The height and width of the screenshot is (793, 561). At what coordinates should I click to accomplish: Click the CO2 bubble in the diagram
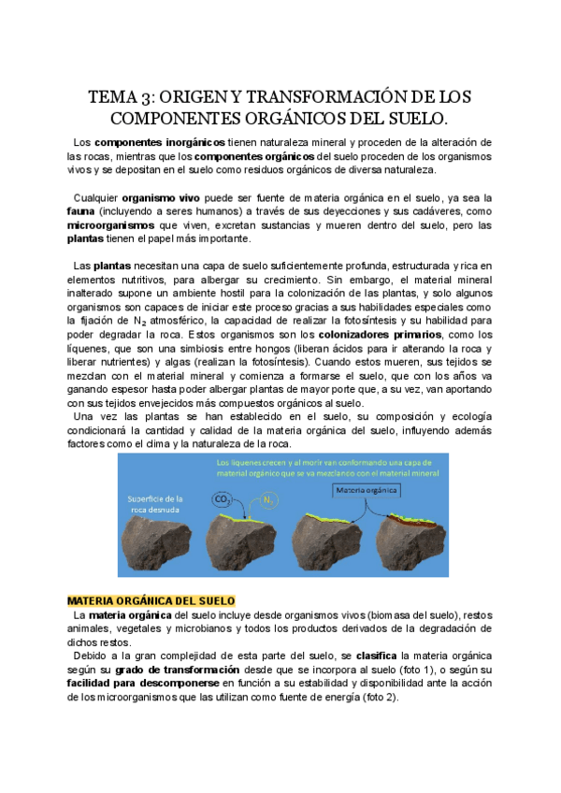click(x=223, y=500)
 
